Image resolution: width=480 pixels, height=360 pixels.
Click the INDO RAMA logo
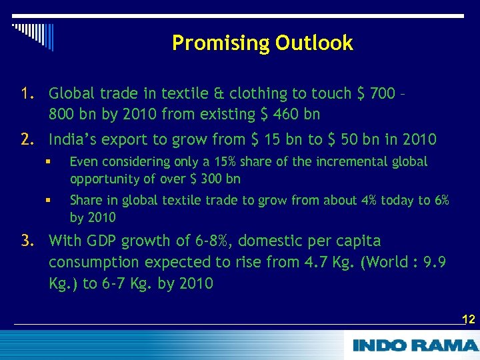[x=415, y=345]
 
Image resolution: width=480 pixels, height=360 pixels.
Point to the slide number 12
[x=468, y=319]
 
